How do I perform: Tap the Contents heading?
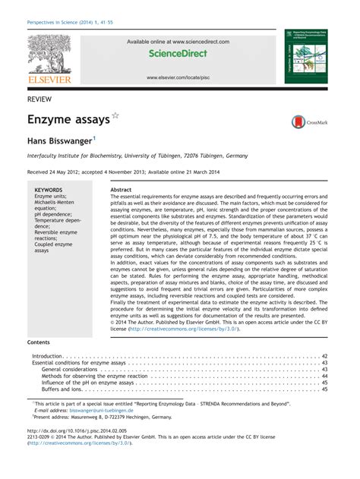38,342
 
